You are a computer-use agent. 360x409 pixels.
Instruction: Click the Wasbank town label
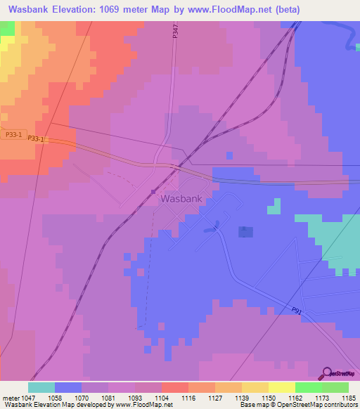[181, 199]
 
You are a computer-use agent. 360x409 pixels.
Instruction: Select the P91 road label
[297, 310]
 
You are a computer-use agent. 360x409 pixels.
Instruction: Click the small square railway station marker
[153, 191]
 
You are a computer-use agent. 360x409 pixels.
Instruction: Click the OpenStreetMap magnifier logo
[326, 373]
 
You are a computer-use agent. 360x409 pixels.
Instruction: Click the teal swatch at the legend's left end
[41, 387]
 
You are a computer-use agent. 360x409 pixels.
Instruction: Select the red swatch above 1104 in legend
[174, 387]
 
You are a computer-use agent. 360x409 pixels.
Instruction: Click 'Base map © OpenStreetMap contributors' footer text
[298, 405]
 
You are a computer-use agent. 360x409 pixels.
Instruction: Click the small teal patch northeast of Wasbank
[274, 206]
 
